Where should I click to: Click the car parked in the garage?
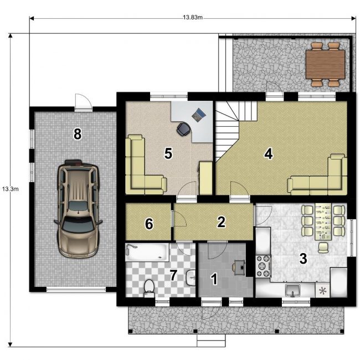click(x=78, y=209)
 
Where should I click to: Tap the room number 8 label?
click(x=78, y=134)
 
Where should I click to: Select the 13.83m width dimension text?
click(x=193, y=18)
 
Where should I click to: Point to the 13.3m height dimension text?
click(x=11, y=189)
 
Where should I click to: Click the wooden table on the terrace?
click(x=325, y=64)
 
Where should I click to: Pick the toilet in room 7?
click(x=149, y=288)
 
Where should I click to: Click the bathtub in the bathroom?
click(x=147, y=252)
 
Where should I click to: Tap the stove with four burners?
click(x=264, y=266)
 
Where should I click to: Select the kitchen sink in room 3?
click(x=292, y=290)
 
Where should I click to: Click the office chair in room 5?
click(x=183, y=129)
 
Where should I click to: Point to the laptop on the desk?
click(x=199, y=114)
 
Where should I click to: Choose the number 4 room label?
click(x=269, y=153)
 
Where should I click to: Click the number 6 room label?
click(x=149, y=224)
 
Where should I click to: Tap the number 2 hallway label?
click(x=221, y=222)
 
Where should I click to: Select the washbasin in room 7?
click(x=191, y=277)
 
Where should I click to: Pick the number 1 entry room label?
click(x=214, y=279)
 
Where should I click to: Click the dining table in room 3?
click(x=323, y=222)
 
